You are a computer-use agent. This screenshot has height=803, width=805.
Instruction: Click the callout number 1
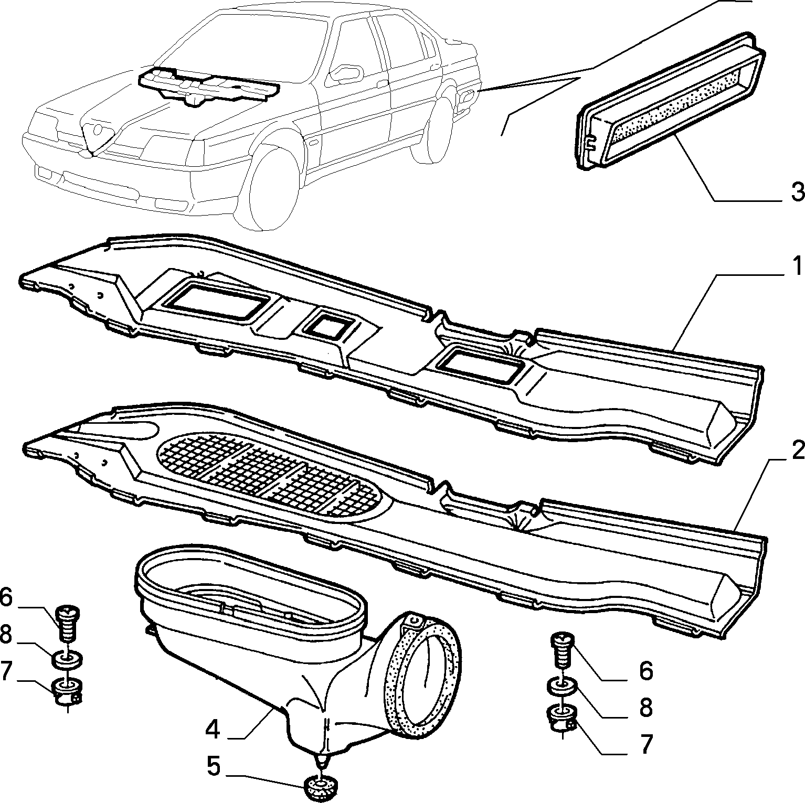[797, 266]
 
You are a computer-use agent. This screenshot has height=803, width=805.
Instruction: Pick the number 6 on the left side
[7, 598]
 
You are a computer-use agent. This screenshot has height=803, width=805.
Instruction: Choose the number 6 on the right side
[645, 671]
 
